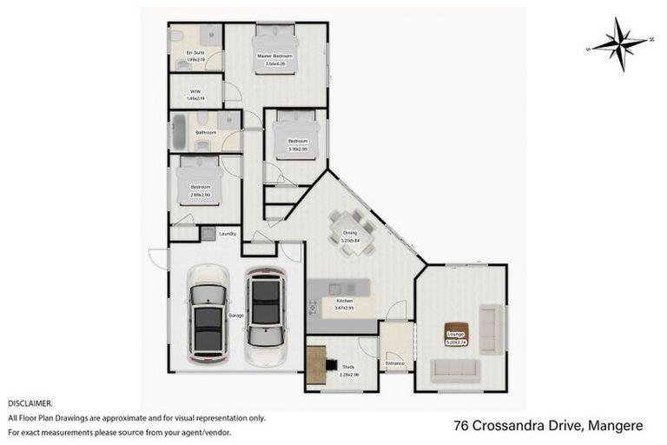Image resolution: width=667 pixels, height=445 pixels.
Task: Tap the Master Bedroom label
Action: (x=274, y=56)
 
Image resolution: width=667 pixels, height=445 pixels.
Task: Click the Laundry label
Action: (x=228, y=233)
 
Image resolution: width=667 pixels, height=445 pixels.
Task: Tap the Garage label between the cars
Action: (x=235, y=315)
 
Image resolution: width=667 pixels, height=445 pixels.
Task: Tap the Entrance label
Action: (x=395, y=362)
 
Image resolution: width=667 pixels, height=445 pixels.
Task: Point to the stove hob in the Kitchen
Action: (x=313, y=307)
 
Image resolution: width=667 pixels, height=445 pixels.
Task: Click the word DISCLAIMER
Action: (x=30, y=404)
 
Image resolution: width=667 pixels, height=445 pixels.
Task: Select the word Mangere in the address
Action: (x=616, y=426)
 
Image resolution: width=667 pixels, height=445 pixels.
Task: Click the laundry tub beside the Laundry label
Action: (x=208, y=233)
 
